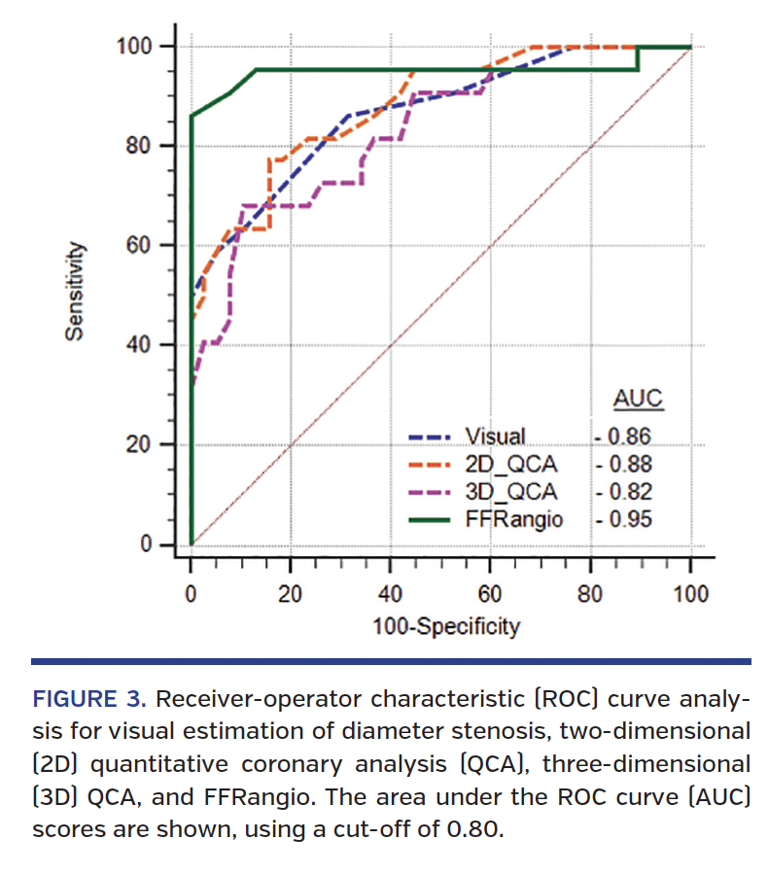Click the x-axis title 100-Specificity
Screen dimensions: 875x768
446,625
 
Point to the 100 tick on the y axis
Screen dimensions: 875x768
140,46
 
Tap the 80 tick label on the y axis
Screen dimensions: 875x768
145,146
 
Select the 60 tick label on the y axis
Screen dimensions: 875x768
145,245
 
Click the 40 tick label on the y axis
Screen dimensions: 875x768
145,345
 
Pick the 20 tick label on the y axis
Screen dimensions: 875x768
145,445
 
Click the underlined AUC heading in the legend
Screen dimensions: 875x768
637,400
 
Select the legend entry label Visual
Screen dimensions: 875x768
496,437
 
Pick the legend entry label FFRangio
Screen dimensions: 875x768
513,519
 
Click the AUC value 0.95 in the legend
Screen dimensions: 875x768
628,519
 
